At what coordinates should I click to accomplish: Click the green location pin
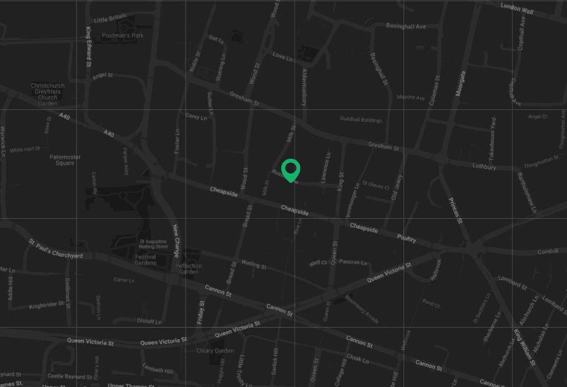[291, 170]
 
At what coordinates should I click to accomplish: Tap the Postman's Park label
[122, 36]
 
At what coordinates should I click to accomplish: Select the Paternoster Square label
[65, 160]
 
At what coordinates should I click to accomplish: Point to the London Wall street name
[516, 8]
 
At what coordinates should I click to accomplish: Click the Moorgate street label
[460, 84]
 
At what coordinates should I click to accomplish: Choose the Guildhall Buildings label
[361, 120]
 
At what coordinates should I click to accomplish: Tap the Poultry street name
[406, 239]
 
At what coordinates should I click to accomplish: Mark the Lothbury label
[484, 167]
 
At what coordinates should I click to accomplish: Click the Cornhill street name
[548, 252]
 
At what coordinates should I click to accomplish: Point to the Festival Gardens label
[146, 260]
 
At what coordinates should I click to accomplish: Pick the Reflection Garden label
[189, 269]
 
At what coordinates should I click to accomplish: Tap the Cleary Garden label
[215, 351]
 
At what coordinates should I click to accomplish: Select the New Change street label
[176, 241]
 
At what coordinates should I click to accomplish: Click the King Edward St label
[88, 47]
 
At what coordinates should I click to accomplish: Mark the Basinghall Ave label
[406, 26]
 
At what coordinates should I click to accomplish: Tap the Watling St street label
[253, 264]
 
